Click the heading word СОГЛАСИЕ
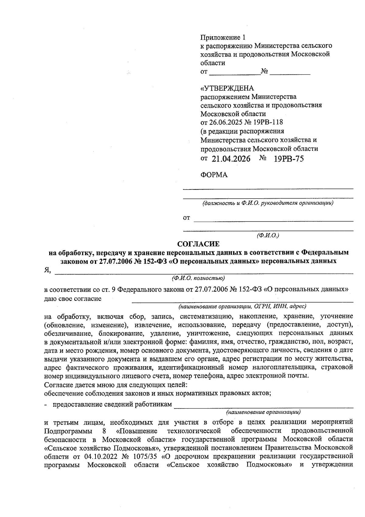coord(198,244)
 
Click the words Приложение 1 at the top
coord(222,37)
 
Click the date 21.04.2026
coord(231,159)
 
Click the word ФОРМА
coord(214,175)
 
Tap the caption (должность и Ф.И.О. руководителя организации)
coord(268,203)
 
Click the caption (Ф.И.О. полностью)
coord(198,278)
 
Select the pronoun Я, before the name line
coord(47,270)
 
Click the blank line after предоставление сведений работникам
coord(263,405)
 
